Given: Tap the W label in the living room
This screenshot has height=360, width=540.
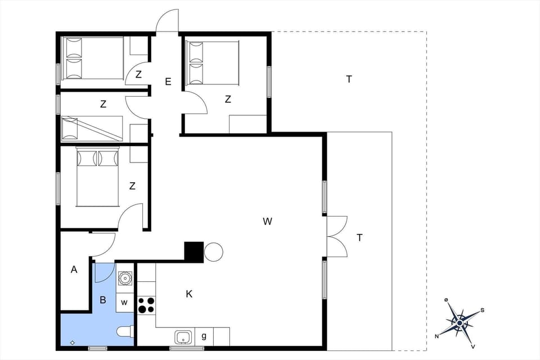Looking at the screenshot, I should point(267,222).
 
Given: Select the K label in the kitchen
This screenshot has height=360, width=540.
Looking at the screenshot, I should point(190,294).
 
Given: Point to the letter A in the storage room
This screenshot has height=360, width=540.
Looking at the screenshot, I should point(74,270).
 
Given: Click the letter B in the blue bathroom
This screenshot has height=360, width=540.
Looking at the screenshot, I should point(103,300).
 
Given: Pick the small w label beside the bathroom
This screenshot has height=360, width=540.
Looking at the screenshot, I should point(125,303).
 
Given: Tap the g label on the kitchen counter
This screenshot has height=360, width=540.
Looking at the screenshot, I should point(204,336).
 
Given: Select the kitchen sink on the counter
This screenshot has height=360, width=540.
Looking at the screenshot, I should point(182,337).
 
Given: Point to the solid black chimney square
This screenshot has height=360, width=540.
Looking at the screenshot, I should point(194,251).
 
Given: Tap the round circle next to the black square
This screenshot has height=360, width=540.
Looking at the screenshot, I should point(214,251).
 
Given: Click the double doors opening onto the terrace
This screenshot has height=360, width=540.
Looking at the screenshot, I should point(337,237).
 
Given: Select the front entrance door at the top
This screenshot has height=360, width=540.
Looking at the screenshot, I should point(168,21).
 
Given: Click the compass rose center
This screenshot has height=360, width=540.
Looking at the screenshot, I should point(460,322).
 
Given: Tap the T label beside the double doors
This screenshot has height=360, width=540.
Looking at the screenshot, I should point(359,238).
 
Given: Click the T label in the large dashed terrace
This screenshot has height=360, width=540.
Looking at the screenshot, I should point(349,79).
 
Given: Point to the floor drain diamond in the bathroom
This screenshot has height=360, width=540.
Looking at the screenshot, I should point(73,342).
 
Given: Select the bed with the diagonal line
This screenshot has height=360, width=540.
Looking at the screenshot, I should point(92,128).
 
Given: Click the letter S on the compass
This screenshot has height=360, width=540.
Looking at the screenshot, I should point(482,310).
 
